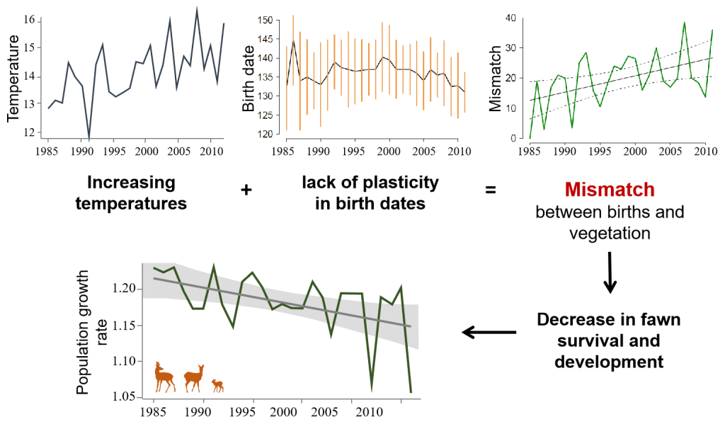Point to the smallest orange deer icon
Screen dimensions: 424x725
point(218,385)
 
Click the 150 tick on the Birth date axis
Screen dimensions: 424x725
point(264,21)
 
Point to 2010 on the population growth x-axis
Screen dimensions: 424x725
point(365,412)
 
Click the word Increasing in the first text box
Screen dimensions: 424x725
point(131,183)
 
